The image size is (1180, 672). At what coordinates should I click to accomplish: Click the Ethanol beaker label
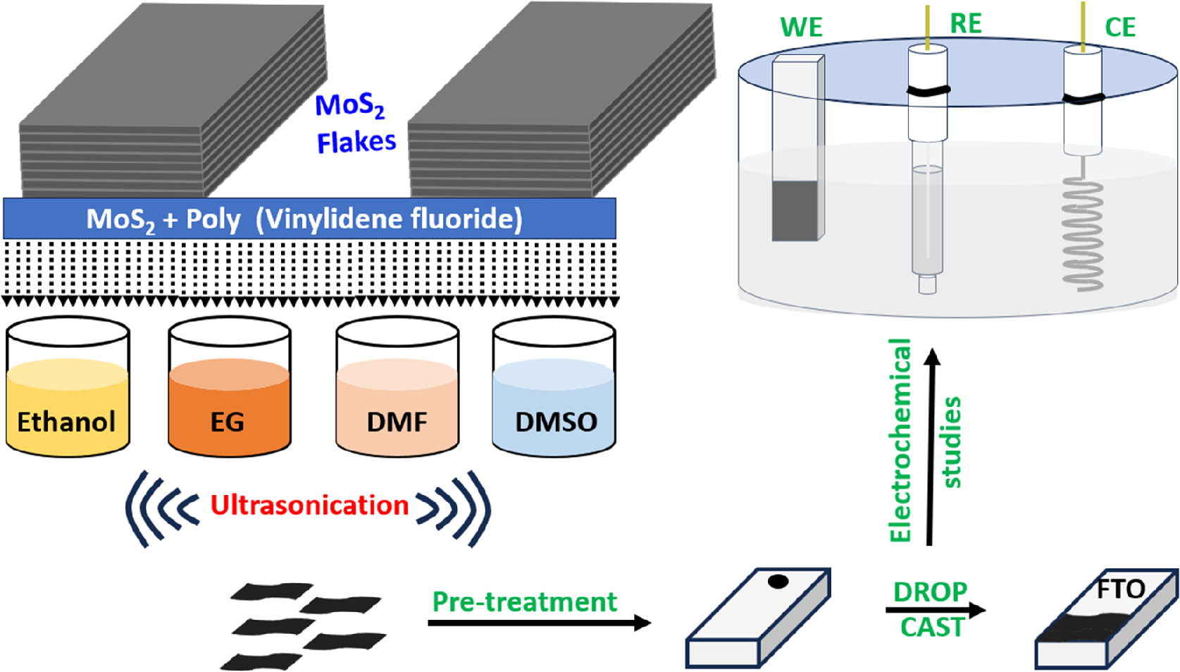(x=66, y=422)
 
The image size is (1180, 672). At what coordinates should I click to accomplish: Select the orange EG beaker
(x=229, y=409)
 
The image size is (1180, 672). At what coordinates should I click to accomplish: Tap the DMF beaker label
(x=397, y=422)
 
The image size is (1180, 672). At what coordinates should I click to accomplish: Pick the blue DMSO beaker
(x=554, y=409)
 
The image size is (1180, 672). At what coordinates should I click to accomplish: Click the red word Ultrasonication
(x=309, y=506)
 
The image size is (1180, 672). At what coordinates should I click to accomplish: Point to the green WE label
(x=801, y=28)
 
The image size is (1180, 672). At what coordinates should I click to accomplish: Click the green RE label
(x=965, y=24)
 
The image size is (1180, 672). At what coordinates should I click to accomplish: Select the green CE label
(x=1119, y=28)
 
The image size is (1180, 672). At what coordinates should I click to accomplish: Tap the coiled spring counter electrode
(x=1083, y=233)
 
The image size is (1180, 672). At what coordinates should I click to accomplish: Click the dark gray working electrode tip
(x=795, y=211)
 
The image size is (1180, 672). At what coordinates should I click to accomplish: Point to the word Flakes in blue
(x=356, y=142)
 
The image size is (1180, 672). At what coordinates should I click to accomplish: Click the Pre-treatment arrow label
(x=524, y=601)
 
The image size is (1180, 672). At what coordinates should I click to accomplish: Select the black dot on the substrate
(x=778, y=582)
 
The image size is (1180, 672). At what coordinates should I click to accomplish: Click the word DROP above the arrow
(x=930, y=592)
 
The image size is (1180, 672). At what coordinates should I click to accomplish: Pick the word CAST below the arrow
(x=931, y=627)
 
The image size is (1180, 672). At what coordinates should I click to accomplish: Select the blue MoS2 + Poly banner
(x=309, y=219)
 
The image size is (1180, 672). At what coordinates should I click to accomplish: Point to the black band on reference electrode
(x=928, y=90)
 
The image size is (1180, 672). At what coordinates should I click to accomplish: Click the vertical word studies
(x=952, y=442)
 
